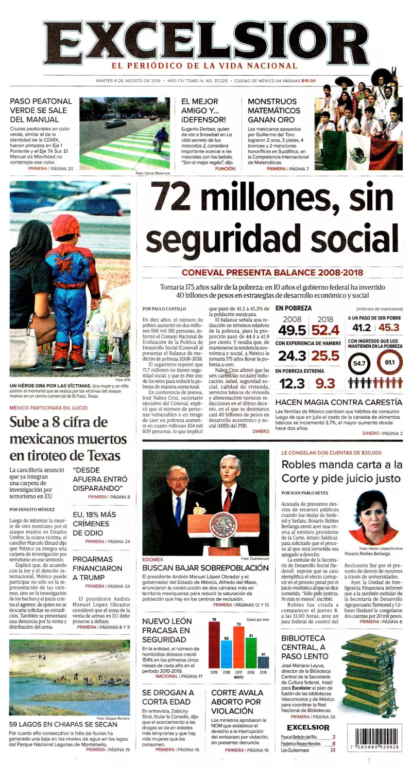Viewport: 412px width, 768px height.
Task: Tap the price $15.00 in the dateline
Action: coord(308,81)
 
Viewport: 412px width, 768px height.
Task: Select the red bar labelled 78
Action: coord(214,645)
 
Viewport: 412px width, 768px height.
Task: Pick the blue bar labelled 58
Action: coord(226,653)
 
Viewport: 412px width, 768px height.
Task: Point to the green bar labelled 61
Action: coord(251,652)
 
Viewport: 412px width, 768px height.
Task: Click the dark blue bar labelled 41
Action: coord(263,662)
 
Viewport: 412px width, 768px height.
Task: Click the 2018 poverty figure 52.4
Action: coord(325,330)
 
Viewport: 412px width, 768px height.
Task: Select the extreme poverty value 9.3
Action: coord(325,383)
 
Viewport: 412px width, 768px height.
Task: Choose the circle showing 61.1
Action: coord(390,363)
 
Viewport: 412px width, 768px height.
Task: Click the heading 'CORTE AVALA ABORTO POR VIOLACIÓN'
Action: coord(236,702)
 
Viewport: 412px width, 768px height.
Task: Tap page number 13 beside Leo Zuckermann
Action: coord(333,750)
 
